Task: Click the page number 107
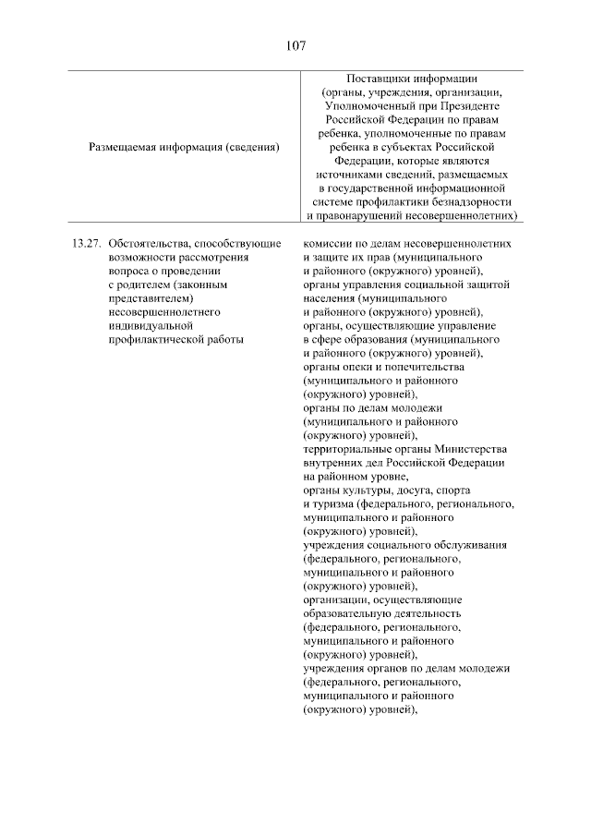point(295,43)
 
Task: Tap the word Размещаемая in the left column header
point(126,146)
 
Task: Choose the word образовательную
point(347,613)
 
